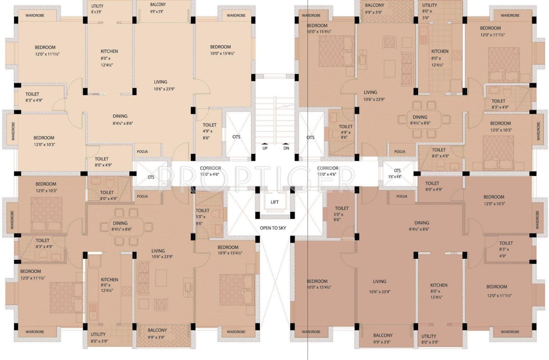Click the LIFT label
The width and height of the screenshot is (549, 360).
click(x=275, y=202)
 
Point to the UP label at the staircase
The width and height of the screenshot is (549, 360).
click(x=265, y=149)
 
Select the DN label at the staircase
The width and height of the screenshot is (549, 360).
click(x=286, y=149)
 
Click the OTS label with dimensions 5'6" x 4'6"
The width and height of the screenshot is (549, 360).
click(x=397, y=173)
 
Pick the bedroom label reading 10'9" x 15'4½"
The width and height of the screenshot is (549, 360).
click(x=227, y=250)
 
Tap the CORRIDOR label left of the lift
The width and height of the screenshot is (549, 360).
click(x=210, y=171)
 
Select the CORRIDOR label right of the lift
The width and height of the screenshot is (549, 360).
click(x=328, y=171)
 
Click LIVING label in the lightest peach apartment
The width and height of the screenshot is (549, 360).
click(x=160, y=85)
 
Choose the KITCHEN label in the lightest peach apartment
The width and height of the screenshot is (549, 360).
click(x=109, y=54)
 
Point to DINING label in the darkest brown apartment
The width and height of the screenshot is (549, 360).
click(x=421, y=226)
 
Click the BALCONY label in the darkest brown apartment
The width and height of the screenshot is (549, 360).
click(x=383, y=338)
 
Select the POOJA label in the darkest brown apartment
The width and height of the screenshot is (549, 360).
click(x=401, y=196)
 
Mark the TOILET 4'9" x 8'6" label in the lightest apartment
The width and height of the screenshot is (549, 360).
click(x=210, y=131)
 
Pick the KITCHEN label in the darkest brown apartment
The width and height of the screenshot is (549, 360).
click(x=439, y=288)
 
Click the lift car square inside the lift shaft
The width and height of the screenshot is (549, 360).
click(x=275, y=202)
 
